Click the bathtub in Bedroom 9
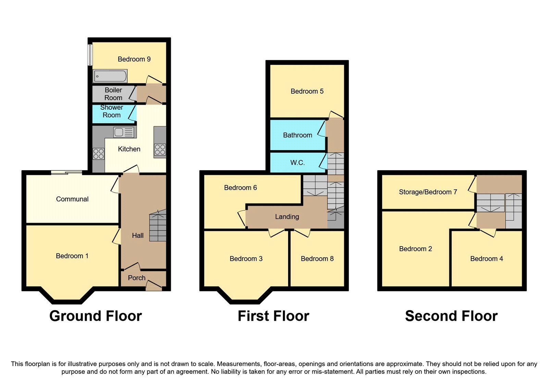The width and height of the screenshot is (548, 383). tap(110, 76)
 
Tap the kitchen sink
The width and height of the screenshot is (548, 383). tap(124, 132)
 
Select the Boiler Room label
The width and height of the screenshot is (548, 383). tap(113, 94)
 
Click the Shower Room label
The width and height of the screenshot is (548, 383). tap(112, 111)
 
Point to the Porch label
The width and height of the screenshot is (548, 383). tap(137, 278)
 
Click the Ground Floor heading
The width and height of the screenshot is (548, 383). tap(96, 316)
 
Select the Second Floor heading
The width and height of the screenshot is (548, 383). tap(451, 316)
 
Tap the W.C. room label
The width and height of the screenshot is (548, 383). tap(297, 163)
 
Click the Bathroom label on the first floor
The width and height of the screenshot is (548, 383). tap(297, 135)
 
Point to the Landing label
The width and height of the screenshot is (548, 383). tap(287, 216)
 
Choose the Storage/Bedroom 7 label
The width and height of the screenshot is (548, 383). tap(428, 192)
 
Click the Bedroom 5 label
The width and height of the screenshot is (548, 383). tap(307, 91)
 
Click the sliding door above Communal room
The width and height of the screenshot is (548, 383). tap(67, 173)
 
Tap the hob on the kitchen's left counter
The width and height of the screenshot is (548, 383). tap(98, 154)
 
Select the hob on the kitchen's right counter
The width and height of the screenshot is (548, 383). tap(160, 150)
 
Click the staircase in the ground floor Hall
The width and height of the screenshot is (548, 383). tap(158, 226)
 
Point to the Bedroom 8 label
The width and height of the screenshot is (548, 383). tap(317, 259)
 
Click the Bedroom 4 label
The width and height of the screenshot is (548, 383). tap(486, 259)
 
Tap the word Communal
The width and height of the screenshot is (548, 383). tap(72, 199)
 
